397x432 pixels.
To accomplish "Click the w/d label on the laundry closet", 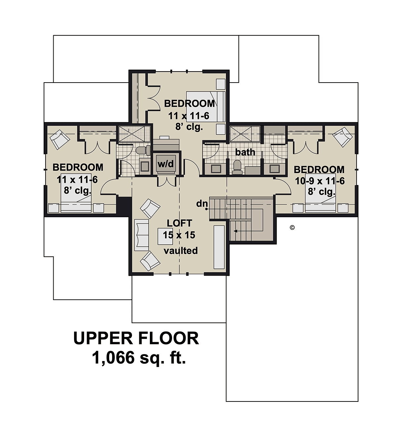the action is pyautogui.click(x=165, y=164).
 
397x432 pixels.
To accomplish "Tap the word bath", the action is pyautogui.click(x=245, y=152).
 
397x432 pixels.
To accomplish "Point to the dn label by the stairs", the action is pyautogui.click(x=202, y=204).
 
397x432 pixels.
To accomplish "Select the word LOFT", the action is pyautogui.click(x=179, y=223).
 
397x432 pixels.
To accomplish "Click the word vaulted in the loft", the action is pyautogui.click(x=181, y=250).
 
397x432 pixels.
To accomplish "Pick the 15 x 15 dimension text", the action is pyautogui.click(x=179, y=235).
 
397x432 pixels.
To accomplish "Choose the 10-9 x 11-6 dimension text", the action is pyautogui.click(x=320, y=181).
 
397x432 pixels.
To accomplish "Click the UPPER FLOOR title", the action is pyautogui.click(x=136, y=338).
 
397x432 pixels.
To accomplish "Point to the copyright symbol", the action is pyautogui.click(x=292, y=227).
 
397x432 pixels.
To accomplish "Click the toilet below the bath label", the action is pyautogui.click(x=237, y=167).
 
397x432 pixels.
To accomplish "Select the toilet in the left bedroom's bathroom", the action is pyautogui.click(x=143, y=150).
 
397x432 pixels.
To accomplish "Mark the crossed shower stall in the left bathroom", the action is pyautogui.click(x=134, y=134).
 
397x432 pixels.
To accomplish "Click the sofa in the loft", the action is pyautogui.click(x=142, y=235).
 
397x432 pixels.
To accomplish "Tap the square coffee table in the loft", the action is pyautogui.click(x=165, y=236).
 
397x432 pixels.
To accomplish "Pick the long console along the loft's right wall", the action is pyautogui.click(x=219, y=247).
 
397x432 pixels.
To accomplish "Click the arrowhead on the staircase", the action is pyautogui.click(x=235, y=231).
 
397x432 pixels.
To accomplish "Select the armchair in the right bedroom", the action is pyautogui.click(x=342, y=137).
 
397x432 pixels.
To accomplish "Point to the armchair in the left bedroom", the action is pyautogui.click(x=60, y=140).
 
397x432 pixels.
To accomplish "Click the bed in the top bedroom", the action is pyautogui.click(x=206, y=107).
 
